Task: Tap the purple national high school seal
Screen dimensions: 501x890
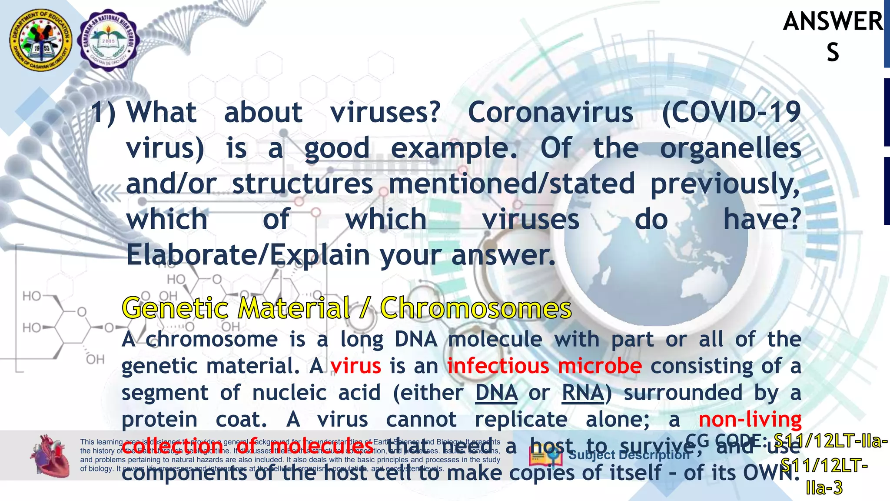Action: pyautogui.click(x=108, y=40)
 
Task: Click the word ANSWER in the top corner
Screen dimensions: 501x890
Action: pyautogui.click(x=833, y=22)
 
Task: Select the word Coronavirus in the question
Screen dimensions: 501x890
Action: pyautogui.click(x=550, y=112)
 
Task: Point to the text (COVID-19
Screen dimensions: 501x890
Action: pyautogui.click(x=731, y=112)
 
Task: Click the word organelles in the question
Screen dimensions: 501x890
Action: pyautogui.click(x=731, y=149)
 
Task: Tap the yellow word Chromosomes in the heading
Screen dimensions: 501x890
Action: pyautogui.click(x=476, y=308)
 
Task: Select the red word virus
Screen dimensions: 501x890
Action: pyautogui.click(x=355, y=366)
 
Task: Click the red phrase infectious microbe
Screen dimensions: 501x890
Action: pyautogui.click(x=544, y=366)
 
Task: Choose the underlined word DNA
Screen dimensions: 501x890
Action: pyautogui.click(x=496, y=393)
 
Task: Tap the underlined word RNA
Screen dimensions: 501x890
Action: pyautogui.click(x=583, y=393)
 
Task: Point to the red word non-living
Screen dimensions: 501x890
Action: pyautogui.click(x=750, y=420)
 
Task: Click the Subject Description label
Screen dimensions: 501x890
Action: pyautogui.click(x=629, y=455)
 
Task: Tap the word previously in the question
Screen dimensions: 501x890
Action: pyautogui.click(x=724, y=184)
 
